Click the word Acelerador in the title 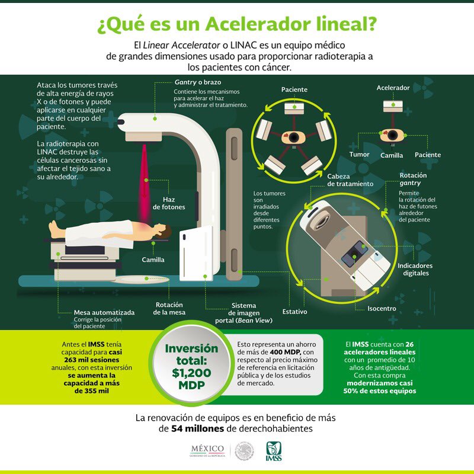pyautogui.click(x=258, y=24)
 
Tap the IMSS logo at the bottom pyautogui.click(x=274, y=451)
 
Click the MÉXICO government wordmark pyautogui.click(x=207, y=451)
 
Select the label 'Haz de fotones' pyautogui.click(x=169, y=203)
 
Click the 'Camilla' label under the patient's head pyautogui.click(x=153, y=260)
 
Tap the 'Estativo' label pyautogui.click(x=294, y=312)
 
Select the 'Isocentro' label pyautogui.click(x=382, y=309)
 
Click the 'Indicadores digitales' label pyautogui.click(x=415, y=270)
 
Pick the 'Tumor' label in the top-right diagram pyautogui.click(x=359, y=155)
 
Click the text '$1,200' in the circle pyautogui.click(x=191, y=373)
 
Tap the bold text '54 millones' pyautogui.click(x=197, y=428)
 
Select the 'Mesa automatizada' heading pyautogui.click(x=104, y=313)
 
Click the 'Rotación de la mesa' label pyautogui.click(x=169, y=308)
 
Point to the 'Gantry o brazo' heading pyautogui.click(x=198, y=82)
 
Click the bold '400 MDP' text pyautogui.click(x=285, y=352)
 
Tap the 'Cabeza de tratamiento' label pyautogui.click(x=350, y=180)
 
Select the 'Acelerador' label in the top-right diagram pyautogui.click(x=393, y=88)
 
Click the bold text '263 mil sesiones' pyautogui.click(x=92, y=360)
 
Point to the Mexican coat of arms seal pyautogui.click(x=245, y=451)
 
